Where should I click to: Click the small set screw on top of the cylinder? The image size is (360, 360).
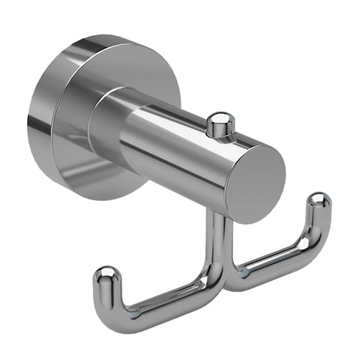pos(220,124)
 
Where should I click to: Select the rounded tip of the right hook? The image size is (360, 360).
pos(319,200)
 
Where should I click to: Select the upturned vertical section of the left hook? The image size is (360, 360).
pos(107,292)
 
